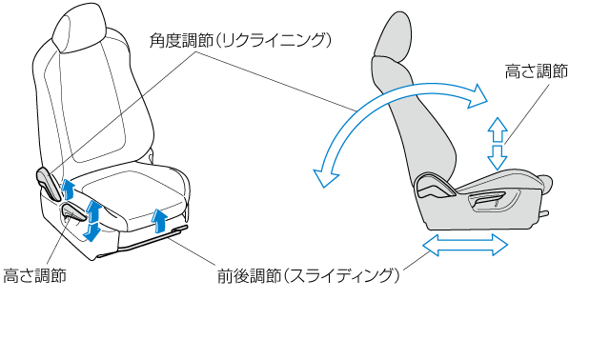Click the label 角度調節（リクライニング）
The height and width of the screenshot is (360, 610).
point(240,40)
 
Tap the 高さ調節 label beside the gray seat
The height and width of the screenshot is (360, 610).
point(536,71)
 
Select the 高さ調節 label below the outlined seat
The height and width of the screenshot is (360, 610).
point(34,275)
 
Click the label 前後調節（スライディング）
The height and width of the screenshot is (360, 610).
point(308,276)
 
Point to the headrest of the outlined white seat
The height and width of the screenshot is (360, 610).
point(78,28)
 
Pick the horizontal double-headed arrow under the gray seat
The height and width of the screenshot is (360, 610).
point(465,245)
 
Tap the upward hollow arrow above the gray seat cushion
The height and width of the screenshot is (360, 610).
point(498,130)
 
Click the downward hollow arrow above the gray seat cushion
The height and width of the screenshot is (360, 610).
point(498,158)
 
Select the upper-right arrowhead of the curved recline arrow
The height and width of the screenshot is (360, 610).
point(478,96)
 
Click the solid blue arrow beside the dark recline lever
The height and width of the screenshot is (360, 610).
point(68,190)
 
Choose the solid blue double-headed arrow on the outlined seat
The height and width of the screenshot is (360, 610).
point(92,220)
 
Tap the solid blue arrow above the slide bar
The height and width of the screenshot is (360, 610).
point(160,221)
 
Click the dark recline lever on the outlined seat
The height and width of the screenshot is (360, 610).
point(49,184)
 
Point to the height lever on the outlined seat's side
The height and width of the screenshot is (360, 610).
point(75,212)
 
